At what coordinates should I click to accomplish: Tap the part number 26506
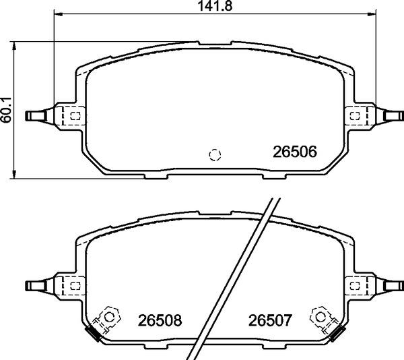(294, 152)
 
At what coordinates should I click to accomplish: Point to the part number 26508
(160, 320)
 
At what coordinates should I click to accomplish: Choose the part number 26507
(269, 320)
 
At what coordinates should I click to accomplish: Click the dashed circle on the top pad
(215, 154)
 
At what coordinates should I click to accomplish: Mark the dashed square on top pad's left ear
(74, 116)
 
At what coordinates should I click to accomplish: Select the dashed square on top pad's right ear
(354, 116)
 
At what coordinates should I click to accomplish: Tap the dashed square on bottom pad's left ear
(74, 285)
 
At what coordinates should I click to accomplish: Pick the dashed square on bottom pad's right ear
(354, 285)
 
